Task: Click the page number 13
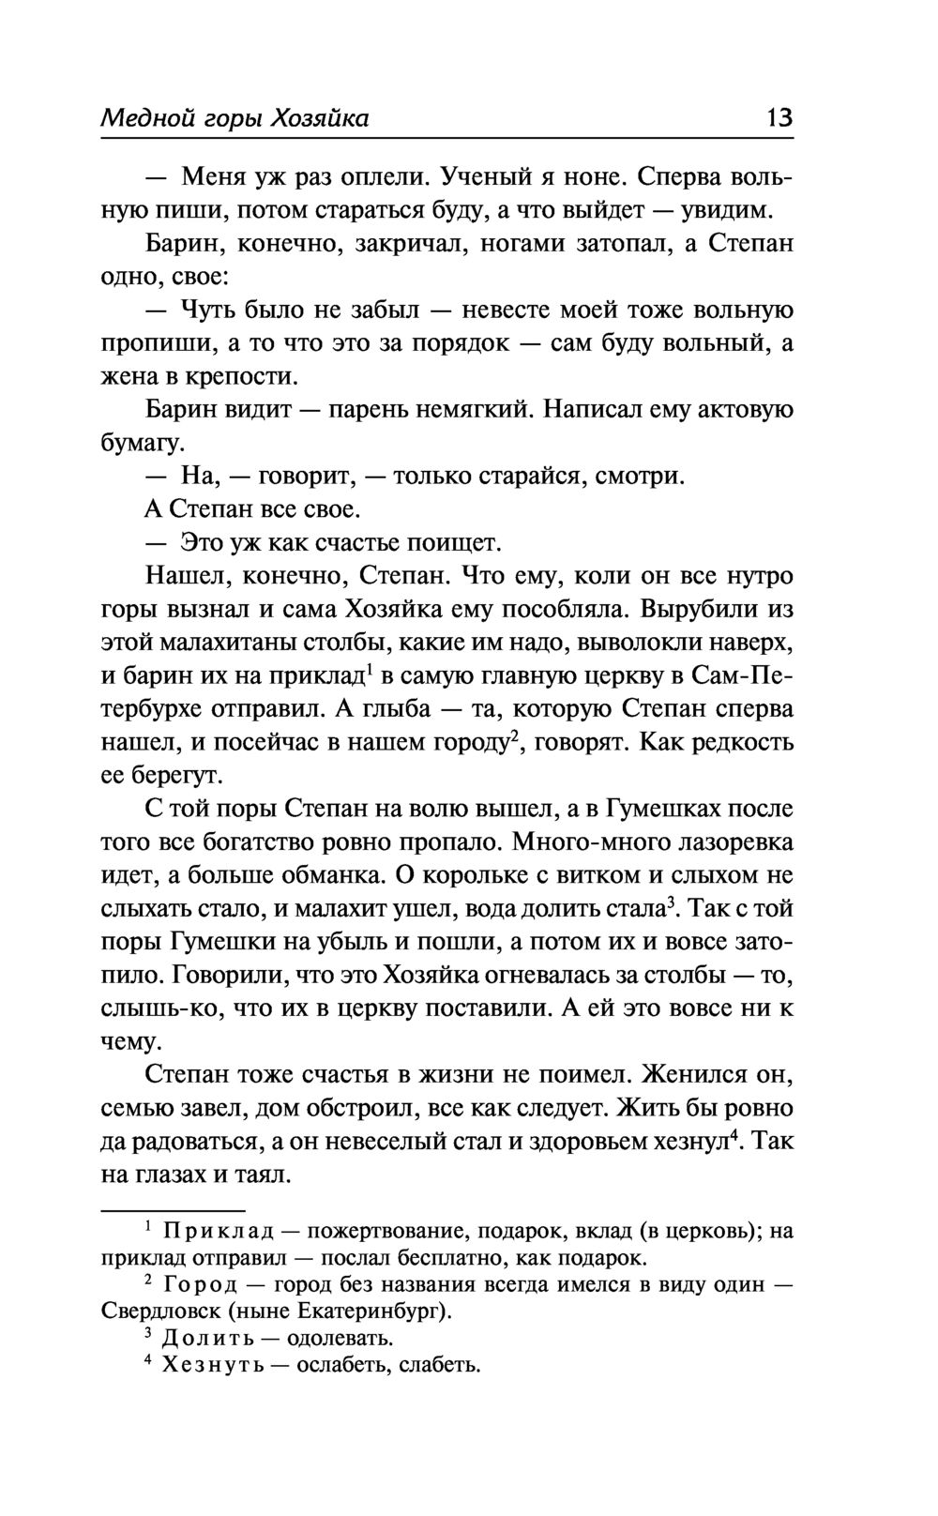(779, 118)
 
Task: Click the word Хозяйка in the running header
(318, 118)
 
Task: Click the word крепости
(245, 377)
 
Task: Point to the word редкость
(743, 742)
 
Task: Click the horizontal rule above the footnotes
(173, 1210)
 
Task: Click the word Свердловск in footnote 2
(154, 1311)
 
